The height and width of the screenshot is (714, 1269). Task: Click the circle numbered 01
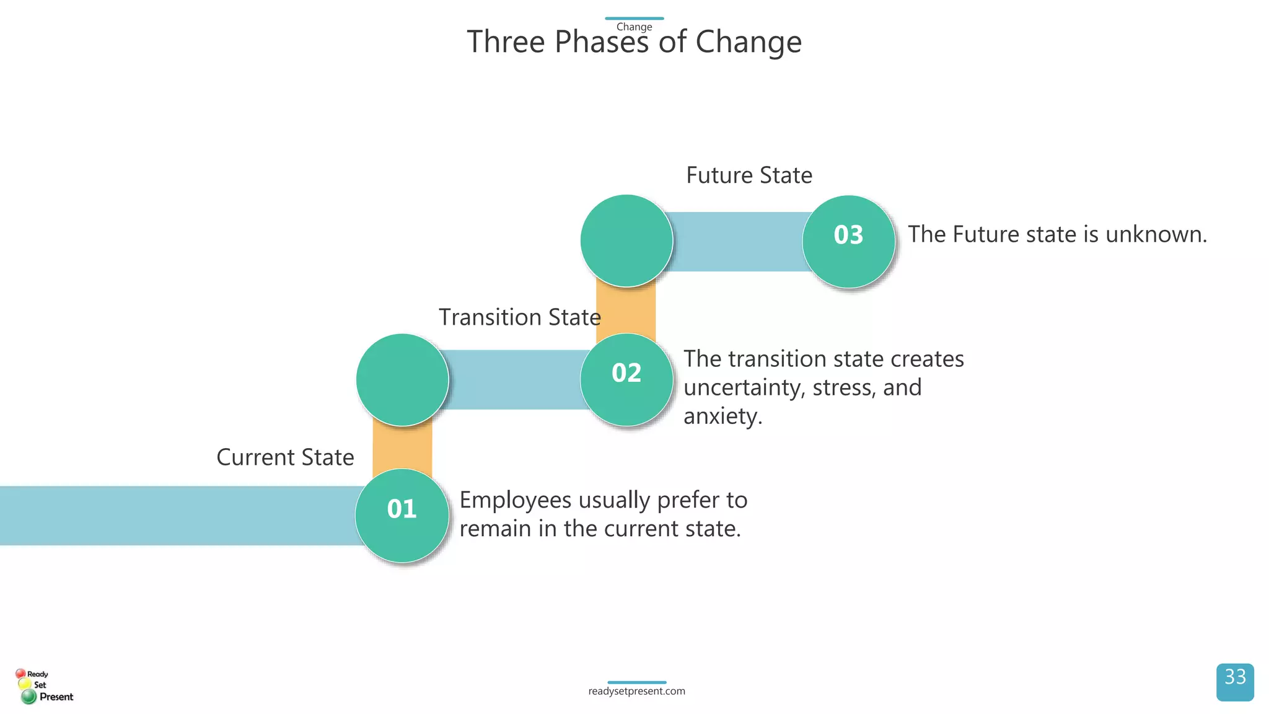402,515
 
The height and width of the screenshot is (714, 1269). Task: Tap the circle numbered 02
626,379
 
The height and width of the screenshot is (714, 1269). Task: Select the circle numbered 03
848,241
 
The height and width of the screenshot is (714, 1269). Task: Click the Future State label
749,175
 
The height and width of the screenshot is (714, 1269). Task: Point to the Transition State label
519,317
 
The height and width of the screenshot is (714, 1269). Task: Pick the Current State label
285,457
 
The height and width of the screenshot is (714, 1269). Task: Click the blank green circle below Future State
626,240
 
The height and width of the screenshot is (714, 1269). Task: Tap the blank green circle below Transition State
402,380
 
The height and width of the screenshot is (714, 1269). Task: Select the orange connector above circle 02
626,310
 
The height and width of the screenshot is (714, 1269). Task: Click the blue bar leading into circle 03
737,242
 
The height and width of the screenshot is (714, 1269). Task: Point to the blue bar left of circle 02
514,379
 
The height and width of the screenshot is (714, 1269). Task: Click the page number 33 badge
1234,682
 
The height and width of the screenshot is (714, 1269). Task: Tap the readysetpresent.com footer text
636,691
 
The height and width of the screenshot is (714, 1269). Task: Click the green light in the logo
29,697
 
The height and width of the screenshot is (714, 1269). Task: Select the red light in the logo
20,673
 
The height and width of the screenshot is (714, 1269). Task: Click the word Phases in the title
601,42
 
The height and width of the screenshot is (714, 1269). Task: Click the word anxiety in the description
722,416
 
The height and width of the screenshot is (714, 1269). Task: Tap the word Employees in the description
515,500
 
